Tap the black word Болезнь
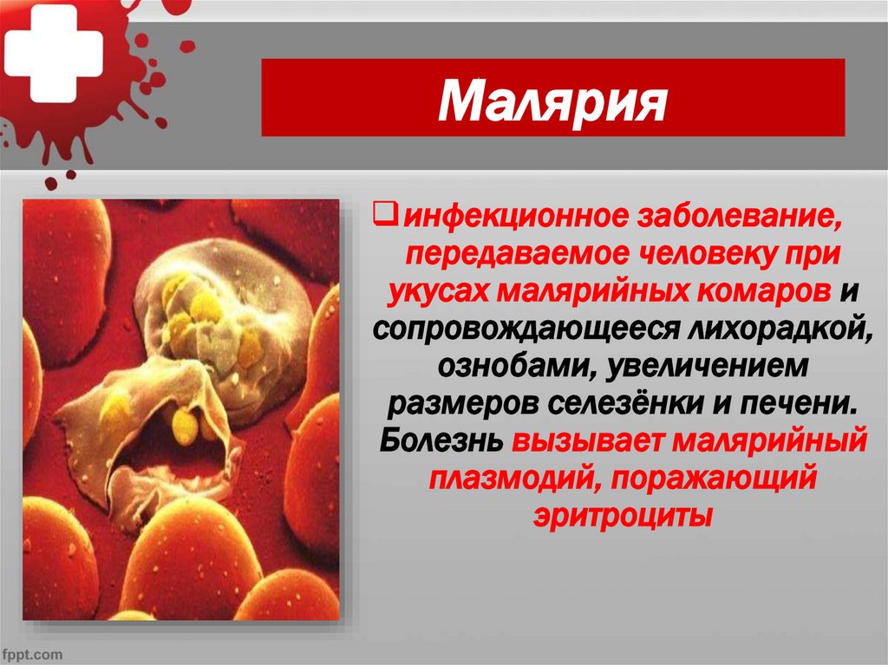440,442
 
